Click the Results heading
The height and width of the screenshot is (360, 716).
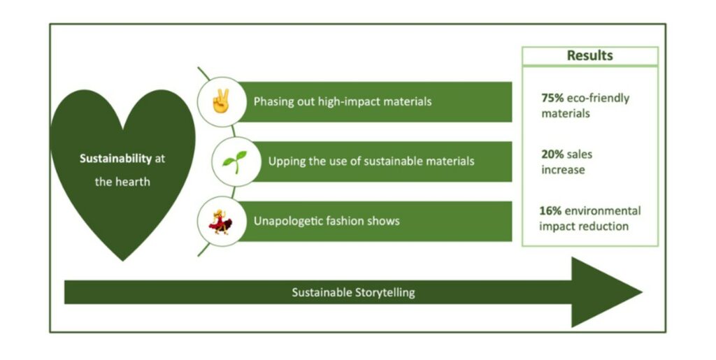[x=589, y=56]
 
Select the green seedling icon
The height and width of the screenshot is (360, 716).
[x=230, y=161]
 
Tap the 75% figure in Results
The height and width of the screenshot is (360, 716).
[x=552, y=98]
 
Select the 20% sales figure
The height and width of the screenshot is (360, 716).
[x=552, y=154]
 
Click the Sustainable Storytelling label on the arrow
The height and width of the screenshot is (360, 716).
[x=353, y=292]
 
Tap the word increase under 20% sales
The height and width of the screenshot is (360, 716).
[x=563, y=170]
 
